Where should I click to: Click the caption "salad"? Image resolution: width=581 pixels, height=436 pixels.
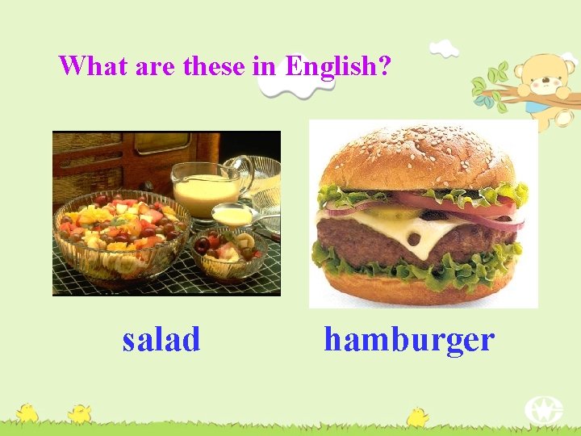(x=161, y=340)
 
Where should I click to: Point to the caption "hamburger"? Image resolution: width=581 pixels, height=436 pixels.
(x=408, y=340)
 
